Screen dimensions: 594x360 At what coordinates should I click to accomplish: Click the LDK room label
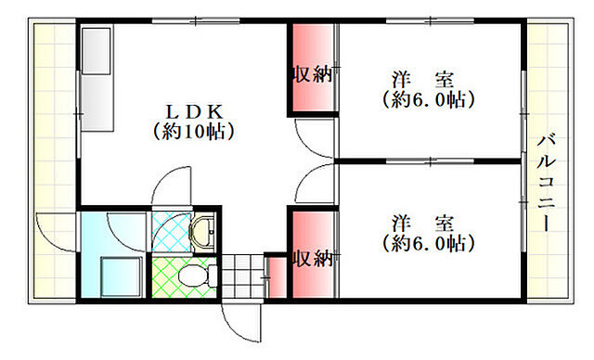click(193, 109)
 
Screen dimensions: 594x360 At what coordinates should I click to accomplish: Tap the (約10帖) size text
click(193, 131)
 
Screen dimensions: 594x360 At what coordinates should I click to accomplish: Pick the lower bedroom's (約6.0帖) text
click(427, 244)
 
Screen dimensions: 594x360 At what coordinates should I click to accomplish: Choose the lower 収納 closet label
click(312, 258)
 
